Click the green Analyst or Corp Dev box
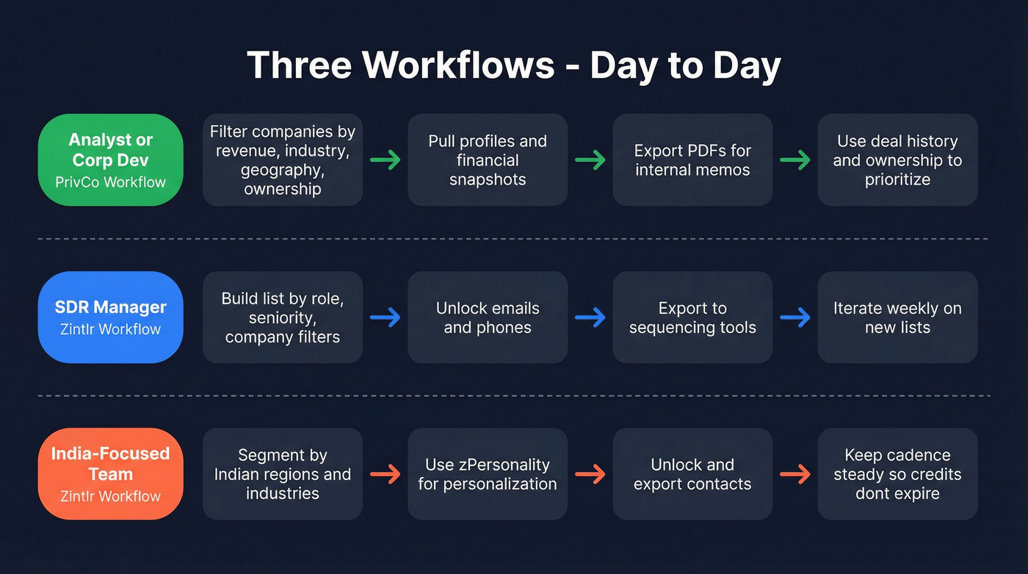[x=110, y=159]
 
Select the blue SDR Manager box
[x=110, y=317]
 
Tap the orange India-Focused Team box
[x=110, y=474]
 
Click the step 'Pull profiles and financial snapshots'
[x=488, y=159]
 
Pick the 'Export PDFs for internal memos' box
[x=692, y=159]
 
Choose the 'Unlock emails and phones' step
[x=488, y=317]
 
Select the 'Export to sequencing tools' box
[x=692, y=317]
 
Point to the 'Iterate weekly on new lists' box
[x=897, y=317]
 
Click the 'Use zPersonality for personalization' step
[x=488, y=474]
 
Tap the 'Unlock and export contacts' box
[x=692, y=474]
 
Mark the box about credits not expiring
[x=897, y=474]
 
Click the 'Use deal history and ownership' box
[x=897, y=159]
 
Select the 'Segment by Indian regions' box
[x=283, y=474]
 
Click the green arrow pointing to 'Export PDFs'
[x=590, y=159]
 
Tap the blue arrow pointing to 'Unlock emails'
[x=385, y=317]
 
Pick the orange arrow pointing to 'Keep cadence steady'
[x=795, y=474]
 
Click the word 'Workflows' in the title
[x=463, y=65]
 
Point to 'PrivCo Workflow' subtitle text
[x=110, y=182]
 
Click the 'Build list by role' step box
[x=283, y=317]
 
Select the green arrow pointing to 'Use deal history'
[x=795, y=159]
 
